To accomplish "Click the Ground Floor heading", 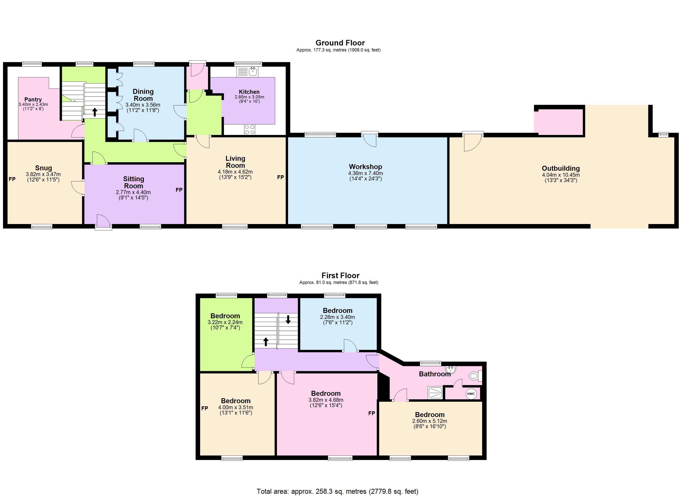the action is pos(340,43).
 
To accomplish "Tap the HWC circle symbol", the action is pos(471,394).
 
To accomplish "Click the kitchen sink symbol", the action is pos(247,72).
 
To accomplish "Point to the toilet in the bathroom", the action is pos(475,376).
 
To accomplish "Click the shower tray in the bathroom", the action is pos(435,393).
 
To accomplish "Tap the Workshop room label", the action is pos(365,167).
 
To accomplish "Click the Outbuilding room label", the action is pos(561,168).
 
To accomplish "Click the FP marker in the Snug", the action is pos(12,179).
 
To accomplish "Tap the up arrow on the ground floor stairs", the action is pos(95,112).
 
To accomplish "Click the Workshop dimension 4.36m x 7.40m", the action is pos(365,173).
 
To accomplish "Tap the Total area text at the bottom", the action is pos(337,491).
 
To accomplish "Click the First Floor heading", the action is pos(340,275).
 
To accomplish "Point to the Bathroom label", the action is pos(435,374).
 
